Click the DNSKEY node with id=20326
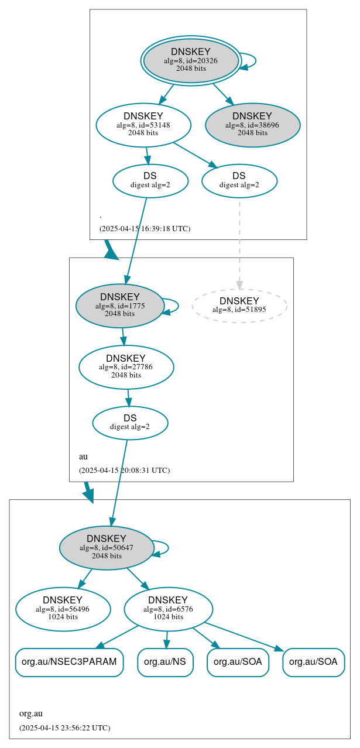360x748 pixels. coord(191,60)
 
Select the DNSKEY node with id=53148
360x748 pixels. coord(143,125)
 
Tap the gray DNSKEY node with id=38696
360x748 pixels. coord(252,125)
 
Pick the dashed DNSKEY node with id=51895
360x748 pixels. coord(239,305)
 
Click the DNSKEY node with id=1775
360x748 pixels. coord(119,306)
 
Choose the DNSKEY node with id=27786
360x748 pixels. coord(126,367)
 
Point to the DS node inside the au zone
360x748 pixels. coord(130,423)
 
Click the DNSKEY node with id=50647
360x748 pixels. coord(107,548)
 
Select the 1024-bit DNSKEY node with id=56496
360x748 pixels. coord(63,609)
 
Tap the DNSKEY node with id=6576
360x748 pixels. coord(168,609)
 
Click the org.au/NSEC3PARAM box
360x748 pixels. coord(69,662)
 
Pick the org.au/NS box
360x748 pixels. coord(165,662)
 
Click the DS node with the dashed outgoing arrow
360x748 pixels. coord(239,181)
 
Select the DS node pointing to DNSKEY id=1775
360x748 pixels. coord(150,181)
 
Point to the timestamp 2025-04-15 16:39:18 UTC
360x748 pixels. coord(145,228)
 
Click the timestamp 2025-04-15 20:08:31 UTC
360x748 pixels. coord(124,470)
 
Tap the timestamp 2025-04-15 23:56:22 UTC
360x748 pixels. coord(64,728)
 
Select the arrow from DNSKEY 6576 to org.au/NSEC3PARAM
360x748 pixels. coord(117,636)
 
